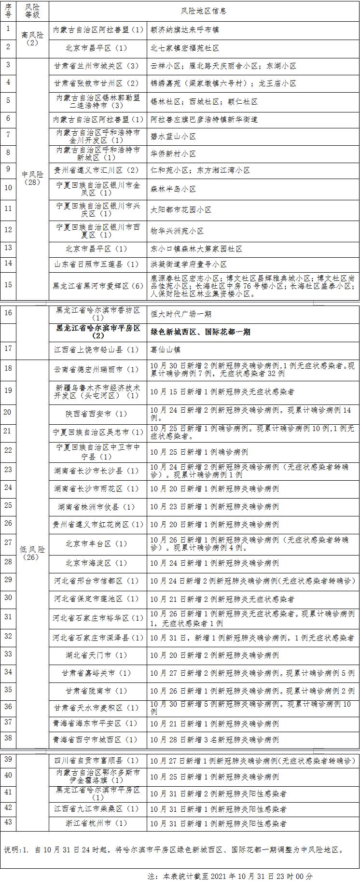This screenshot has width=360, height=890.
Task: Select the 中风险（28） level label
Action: point(33,178)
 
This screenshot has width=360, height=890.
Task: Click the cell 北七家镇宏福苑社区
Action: point(185,48)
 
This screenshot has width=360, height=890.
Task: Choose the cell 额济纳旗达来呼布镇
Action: point(185,30)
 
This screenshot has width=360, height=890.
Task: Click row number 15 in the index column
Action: point(8,284)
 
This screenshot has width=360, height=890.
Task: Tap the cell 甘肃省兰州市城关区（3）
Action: point(98,66)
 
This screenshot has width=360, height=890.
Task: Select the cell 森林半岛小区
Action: point(173,189)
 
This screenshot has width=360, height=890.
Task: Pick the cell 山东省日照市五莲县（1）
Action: point(98,264)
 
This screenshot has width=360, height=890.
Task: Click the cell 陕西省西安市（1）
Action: point(98,414)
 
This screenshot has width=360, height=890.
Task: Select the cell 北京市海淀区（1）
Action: point(98,563)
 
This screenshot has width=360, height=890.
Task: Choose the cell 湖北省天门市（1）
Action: point(98,655)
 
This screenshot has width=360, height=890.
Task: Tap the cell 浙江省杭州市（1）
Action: point(98,824)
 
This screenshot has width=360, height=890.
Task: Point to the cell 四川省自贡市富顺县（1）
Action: point(98,761)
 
